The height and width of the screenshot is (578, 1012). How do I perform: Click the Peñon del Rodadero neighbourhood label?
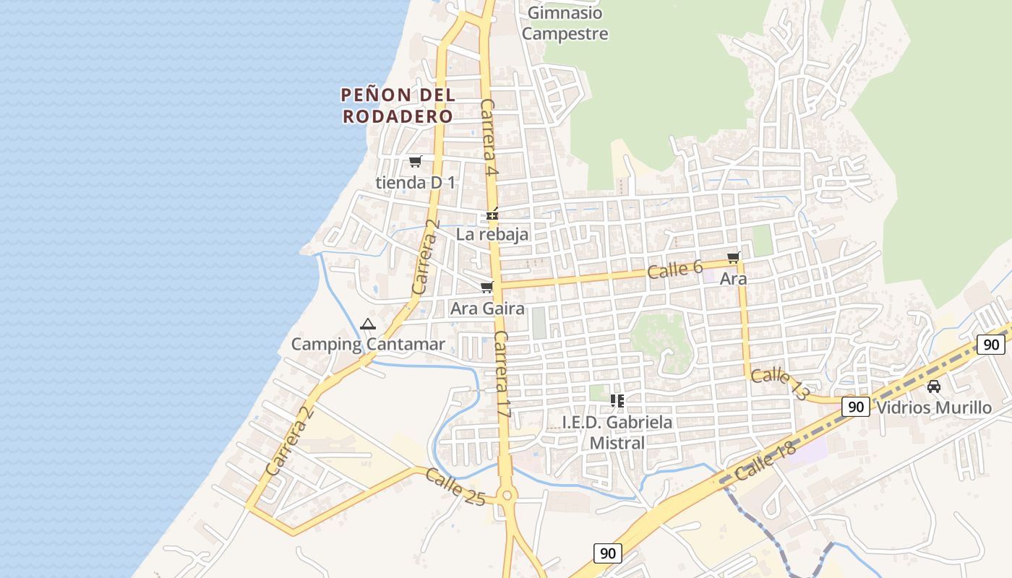pyautogui.click(x=398, y=105)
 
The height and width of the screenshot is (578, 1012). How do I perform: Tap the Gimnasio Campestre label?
pyautogui.click(x=565, y=23)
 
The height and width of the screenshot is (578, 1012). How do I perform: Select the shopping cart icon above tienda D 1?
pyautogui.click(x=415, y=161)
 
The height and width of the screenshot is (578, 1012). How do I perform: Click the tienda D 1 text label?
pyautogui.click(x=416, y=183)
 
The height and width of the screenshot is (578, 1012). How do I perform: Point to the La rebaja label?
pyautogui.click(x=492, y=234)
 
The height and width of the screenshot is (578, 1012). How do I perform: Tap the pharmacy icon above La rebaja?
pyautogui.click(x=492, y=215)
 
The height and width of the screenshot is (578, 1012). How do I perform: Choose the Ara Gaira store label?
pyautogui.click(x=487, y=309)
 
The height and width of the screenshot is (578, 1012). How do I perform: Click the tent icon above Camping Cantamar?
pyautogui.click(x=368, y=324)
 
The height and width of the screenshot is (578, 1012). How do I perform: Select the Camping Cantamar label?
pyautogui.click(x=368, y=344)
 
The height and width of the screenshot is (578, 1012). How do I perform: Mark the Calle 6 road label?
pyautogui.click(x=675, y=269)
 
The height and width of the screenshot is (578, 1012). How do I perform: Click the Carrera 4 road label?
pyautogui.click(x=489, y=139)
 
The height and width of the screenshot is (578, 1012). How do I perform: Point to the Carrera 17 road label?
pyautogui.click(x=502, y=374)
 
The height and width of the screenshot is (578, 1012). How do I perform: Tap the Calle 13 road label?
pyautogui.click(x=779, y=384)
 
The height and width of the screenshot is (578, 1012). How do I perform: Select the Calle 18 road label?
pyautogui.click(x=765, y=462)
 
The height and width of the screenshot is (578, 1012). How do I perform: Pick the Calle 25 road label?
pyautogui.click(x=455, y=487)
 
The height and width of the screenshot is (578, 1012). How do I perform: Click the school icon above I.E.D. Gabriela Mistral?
pyautogui.click(x=617, y=401)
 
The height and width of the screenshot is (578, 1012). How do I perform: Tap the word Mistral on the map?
pyautogui.click(x=617, y=442)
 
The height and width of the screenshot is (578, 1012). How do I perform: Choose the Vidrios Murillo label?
pyautogui.click(x=934, y=407)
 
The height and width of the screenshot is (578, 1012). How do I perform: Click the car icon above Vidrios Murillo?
pyautogui.click(x=934, y=387)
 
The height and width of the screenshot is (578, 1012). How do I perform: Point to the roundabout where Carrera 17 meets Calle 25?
pyautogui.click(x=506, y=496)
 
